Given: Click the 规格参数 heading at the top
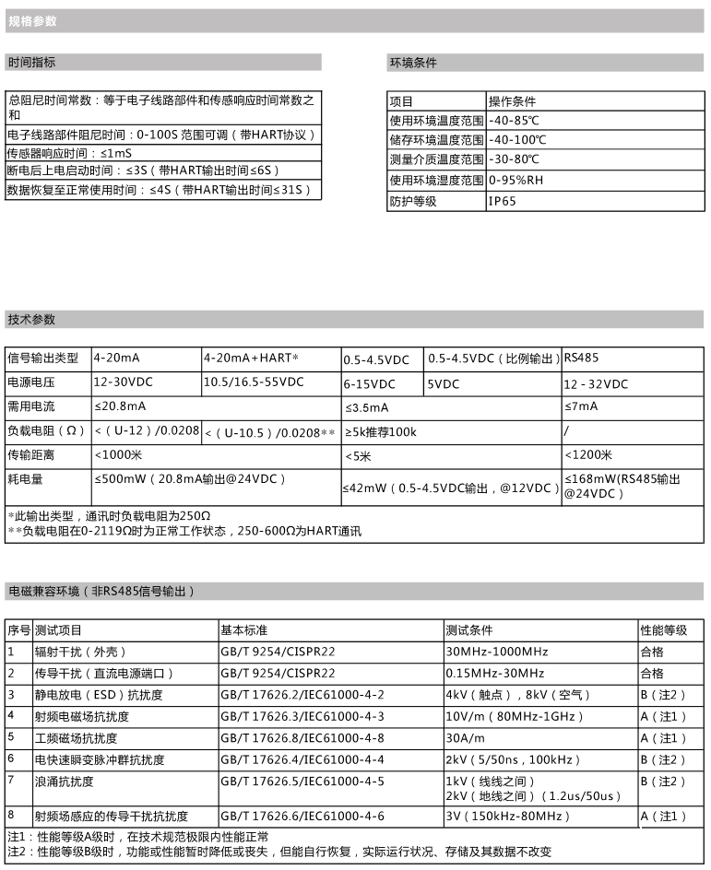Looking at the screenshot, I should [x=32, y=20].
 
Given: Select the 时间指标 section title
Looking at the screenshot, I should [x=31, y=63].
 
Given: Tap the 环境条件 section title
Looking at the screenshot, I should [x=413, y=63].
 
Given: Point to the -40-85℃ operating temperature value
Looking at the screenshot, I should [x=514, y=120].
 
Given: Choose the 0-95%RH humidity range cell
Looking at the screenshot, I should [x=517, y=181].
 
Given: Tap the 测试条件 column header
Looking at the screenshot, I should [x=470, y=630].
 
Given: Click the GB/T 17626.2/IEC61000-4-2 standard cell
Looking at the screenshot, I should [x=302, y=694].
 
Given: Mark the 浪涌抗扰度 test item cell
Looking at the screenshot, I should [x=65, y=782].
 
